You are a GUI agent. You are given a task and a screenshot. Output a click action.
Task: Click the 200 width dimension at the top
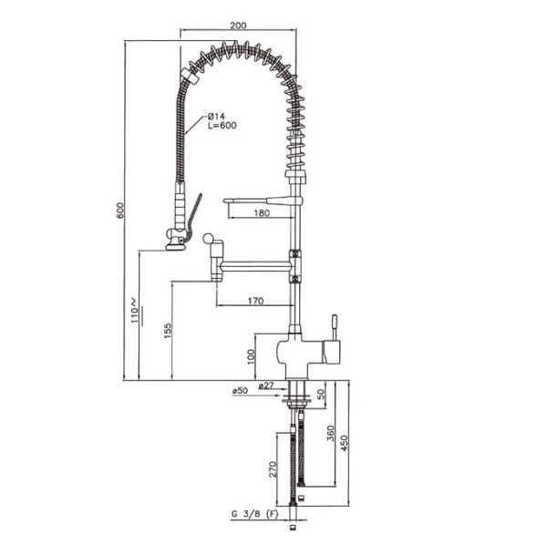point(238,26)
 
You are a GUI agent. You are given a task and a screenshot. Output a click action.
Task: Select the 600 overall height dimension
point(120,210)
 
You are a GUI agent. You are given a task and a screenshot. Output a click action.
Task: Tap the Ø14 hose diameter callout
point(216,116)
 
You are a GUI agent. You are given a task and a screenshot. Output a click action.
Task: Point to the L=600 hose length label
point(222,125)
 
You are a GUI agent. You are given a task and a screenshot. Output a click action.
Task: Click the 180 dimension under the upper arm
point(262,212)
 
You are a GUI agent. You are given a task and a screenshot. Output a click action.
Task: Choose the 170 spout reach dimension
point(255,301)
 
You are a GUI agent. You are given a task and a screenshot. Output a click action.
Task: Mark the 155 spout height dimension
point(168,331)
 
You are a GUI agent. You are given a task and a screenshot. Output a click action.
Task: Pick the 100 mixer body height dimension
point(251,356)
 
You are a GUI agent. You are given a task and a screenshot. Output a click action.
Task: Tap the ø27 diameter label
point(266,386)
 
